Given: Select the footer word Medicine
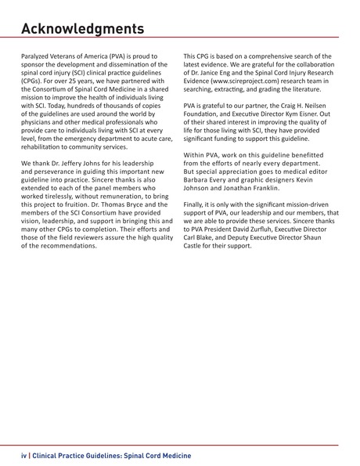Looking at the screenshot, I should pyautogui.click(x=171, y=455).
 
